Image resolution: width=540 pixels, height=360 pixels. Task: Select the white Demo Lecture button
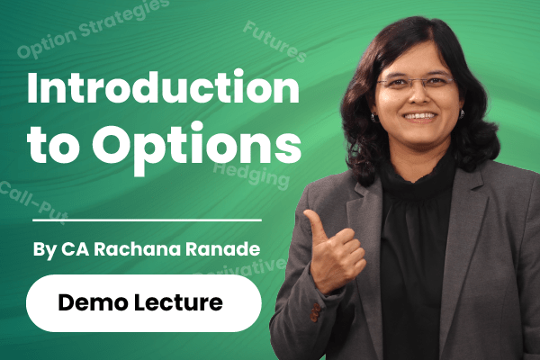143,302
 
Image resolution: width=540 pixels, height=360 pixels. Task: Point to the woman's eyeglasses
415,84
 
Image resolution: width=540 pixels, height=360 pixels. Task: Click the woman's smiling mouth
419,117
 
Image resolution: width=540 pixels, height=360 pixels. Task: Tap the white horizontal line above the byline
143,220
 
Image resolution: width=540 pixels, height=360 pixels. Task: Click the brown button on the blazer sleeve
315,314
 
